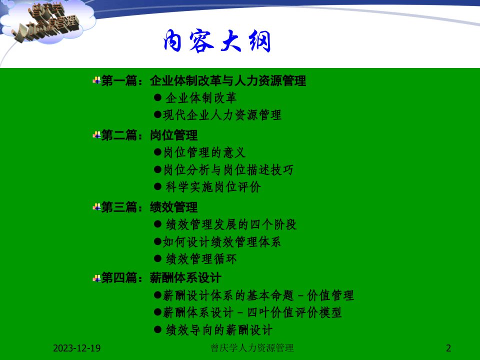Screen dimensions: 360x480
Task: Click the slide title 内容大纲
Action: point(217,41)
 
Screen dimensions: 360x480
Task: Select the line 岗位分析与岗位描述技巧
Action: point(228,169)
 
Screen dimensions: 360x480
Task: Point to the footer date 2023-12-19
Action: point(76,348)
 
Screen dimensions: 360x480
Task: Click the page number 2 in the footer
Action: point(448,348)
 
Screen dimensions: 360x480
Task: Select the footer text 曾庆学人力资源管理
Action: point(252,348)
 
